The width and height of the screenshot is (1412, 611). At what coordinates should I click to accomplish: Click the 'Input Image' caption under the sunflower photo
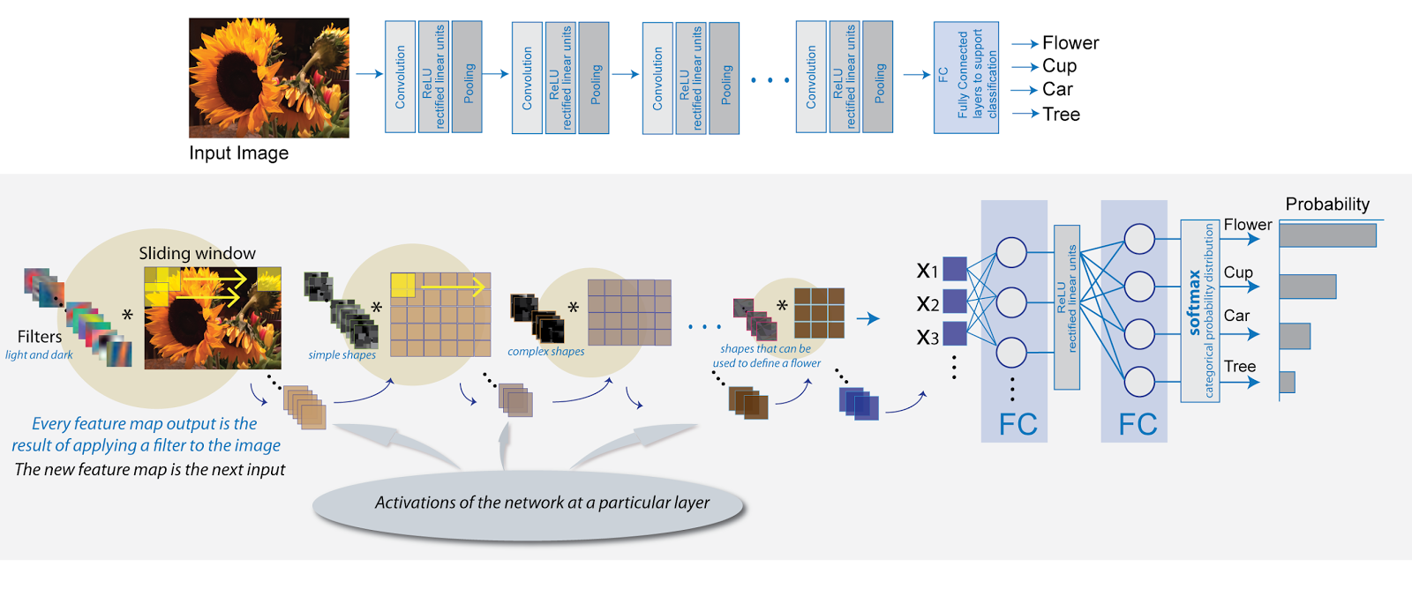click(238, 153)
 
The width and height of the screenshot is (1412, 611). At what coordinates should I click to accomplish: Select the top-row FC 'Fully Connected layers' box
click(966, 78)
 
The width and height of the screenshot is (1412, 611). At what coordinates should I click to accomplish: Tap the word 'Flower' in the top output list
click(1070, 43)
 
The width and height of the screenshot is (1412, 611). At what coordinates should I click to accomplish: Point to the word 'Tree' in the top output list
click(1061, 115)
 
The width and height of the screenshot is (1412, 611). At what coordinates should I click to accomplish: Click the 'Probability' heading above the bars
click(1327, 205)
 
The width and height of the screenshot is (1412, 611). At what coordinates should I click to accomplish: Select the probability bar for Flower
click(1327, 235)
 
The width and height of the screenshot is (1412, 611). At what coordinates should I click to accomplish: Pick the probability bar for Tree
click(1287, 382)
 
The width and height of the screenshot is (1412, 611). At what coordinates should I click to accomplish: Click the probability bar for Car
click(1295, 336)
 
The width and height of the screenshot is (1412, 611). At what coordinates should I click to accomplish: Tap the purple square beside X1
click(955, 268)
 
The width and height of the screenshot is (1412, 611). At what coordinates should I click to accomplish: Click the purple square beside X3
click(955, 333)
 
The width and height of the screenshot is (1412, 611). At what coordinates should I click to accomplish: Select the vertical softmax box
click(1199, 310)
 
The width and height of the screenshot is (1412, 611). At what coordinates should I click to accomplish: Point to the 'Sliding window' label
click(197, 254)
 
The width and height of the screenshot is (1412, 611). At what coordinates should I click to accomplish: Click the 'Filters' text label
click(40, 337)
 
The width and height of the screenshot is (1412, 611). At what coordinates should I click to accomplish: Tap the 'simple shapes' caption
click(342, 355)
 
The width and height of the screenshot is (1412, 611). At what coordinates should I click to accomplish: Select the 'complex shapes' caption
click(545, 352)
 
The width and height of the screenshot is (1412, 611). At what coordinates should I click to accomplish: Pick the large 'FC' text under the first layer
click(1018, 425)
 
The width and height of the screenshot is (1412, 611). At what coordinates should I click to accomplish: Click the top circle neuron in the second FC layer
click(1139, 239)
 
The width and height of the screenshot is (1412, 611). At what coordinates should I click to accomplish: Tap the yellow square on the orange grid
click(402, 285)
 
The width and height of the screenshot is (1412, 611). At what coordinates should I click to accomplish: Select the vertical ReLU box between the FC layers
click(1067, 307)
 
